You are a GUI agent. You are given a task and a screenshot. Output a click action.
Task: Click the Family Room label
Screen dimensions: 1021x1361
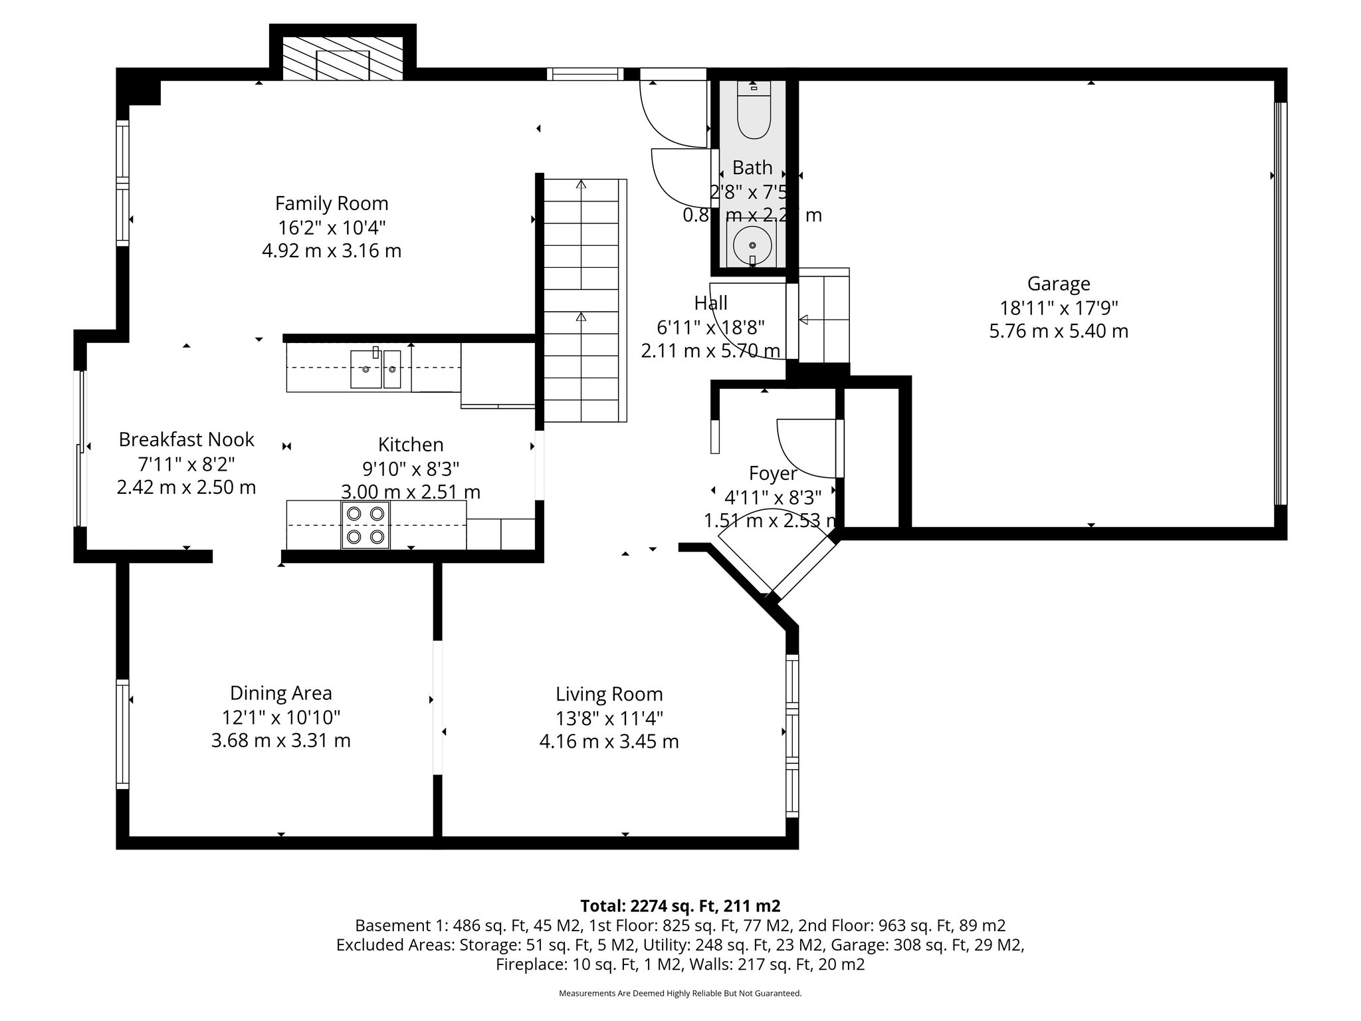click(x=332, y=203)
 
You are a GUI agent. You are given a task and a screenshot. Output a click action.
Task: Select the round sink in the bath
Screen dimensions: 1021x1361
click(x=752, y=245)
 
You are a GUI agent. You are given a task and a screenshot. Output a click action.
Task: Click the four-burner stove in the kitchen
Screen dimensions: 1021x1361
click(x=366, y=524)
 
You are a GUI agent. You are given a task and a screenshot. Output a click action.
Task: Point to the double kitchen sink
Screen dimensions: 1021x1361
click(x=375, y=369)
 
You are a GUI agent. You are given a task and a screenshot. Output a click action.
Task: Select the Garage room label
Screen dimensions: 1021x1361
click(x=1059, y=284)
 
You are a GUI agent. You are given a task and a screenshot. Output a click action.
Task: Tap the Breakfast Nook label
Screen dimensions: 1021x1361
click(x=186, y=439)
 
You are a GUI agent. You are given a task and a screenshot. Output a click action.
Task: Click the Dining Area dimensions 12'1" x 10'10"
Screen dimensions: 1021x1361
click(x=280, y=717)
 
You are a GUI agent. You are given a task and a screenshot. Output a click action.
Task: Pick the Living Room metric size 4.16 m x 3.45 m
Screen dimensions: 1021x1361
click(x=609, y=742)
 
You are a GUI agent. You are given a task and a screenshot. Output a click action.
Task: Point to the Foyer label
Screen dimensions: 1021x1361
click(x=772, y=473)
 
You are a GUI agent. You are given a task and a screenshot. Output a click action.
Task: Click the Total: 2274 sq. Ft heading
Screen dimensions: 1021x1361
click(x=680, y=905)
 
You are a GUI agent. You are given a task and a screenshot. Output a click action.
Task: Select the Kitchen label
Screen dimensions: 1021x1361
click(x=411, y=445)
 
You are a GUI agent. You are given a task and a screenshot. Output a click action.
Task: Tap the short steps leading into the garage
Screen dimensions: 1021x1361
click(x=823, y=319)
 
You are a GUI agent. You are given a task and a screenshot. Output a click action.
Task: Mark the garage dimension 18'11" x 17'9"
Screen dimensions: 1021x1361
click(x=1059, y=308)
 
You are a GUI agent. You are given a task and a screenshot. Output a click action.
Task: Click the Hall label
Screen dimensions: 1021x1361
click(x=710, y=303)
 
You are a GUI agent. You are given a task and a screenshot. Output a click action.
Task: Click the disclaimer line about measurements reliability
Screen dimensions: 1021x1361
click(x=680, y=993)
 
